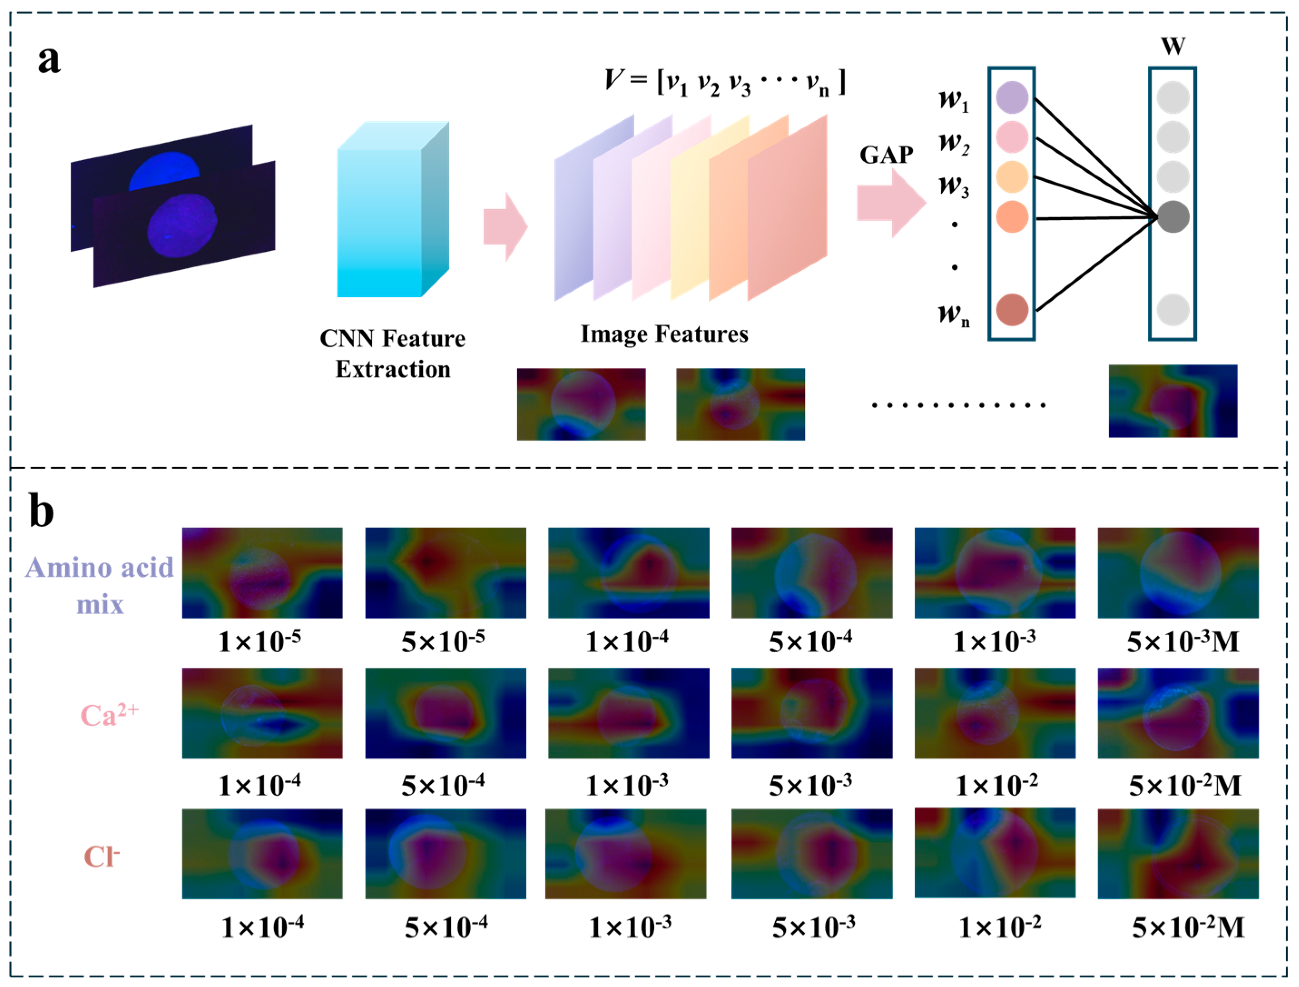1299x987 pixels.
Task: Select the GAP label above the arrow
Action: (x=886, y=155)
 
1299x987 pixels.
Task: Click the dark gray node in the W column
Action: (x=1173, y=217)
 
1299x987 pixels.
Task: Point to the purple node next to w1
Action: (x=1012, y=98)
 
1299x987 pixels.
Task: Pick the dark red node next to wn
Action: (x=1012, y=310)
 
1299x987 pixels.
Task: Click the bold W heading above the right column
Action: (x=1173, y=46)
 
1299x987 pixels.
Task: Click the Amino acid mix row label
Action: (x=100, y=585)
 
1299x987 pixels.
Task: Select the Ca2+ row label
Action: (x=109, y=715)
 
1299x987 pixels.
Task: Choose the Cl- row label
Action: (x=102, y=856)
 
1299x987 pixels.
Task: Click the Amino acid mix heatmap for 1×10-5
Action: (x=262, y=573)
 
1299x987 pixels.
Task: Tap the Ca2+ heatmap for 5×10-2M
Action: (x=1178, y=713)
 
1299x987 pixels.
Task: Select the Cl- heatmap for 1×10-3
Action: (x=626, y=854)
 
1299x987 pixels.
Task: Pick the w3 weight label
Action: (x=953, y=185)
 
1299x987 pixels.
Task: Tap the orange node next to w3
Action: (x=1012, y=177)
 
